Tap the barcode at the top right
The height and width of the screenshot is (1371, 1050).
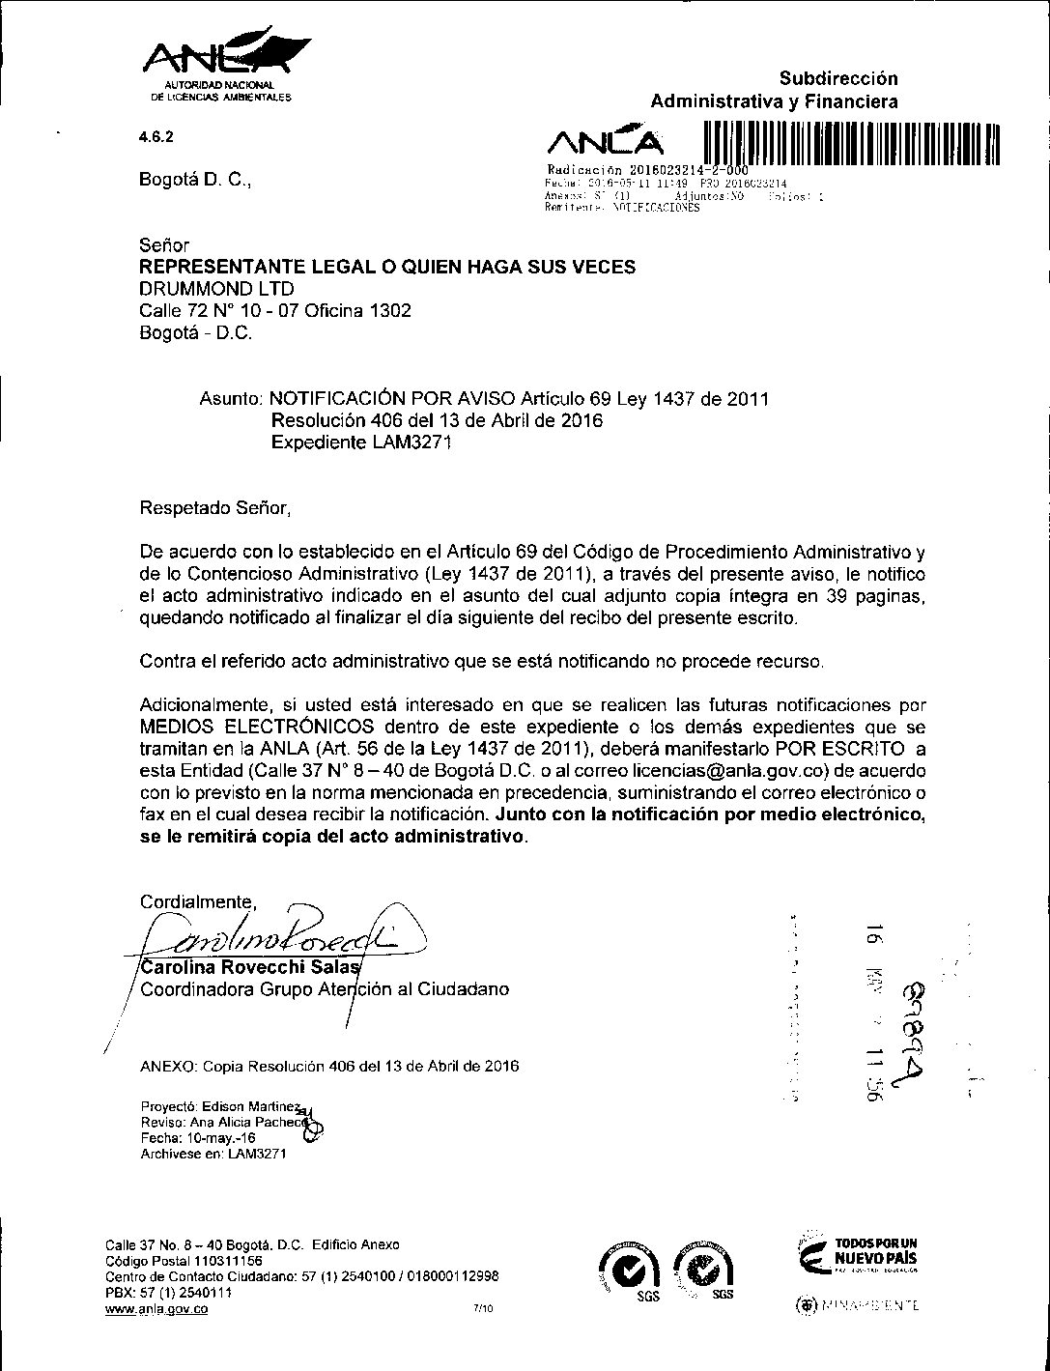849,146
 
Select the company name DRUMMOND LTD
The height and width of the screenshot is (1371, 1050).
217,289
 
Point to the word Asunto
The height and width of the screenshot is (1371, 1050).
231,398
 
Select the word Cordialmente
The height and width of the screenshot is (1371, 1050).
197,902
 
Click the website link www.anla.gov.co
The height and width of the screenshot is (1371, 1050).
156,1310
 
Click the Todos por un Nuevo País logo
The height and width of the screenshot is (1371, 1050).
856,1253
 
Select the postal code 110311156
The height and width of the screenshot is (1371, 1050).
223,1261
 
